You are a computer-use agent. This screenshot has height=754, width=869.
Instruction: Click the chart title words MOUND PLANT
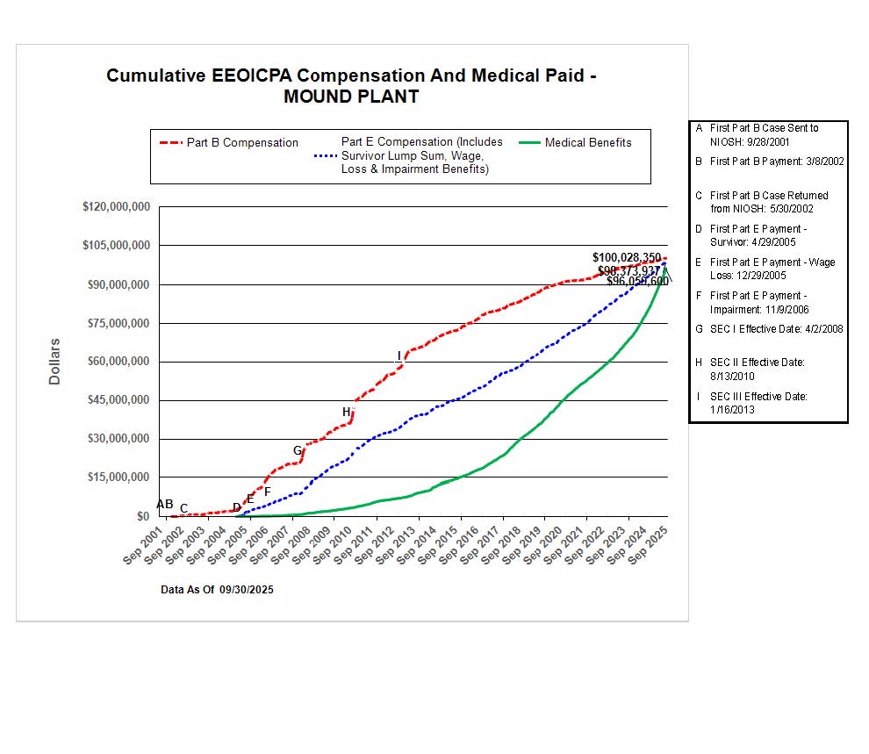tap(351, 97)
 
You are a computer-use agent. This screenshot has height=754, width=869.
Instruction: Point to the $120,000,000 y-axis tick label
tap(116, 207)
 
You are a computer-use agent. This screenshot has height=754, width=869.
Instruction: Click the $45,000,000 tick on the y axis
tap(116, 400)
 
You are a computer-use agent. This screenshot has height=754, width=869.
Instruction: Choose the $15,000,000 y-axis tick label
tap(116, 478)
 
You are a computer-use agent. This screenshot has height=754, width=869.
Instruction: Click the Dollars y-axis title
tap(54, 361)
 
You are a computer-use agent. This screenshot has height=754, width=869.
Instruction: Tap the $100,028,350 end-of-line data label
tap(627, 258)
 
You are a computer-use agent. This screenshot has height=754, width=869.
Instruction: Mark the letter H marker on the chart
tap(347, 412)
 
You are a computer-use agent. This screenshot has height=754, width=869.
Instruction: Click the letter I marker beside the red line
tap(399, 355)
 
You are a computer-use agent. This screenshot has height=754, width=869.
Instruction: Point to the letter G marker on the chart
tap(298, 450)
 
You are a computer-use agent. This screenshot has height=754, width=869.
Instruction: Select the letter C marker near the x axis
tap(183, 508)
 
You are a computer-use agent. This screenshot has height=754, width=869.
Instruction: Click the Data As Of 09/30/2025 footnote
tap(217, 590)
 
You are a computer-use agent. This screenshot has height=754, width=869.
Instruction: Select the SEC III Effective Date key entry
tap(758, 403)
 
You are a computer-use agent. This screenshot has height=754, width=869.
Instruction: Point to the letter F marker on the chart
tap(268, 492)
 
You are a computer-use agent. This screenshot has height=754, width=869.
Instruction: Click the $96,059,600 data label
tap(637, 282)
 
